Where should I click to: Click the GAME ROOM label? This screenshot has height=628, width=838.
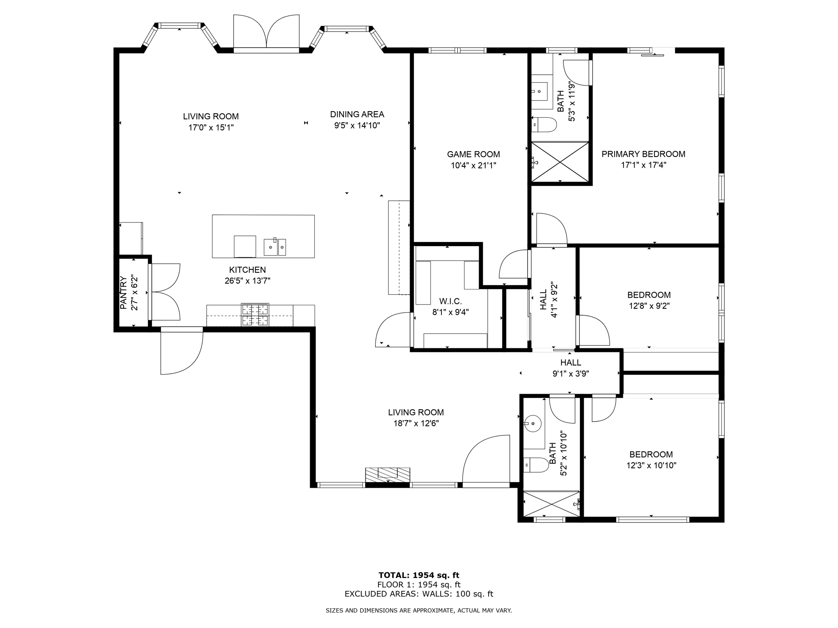pos(473,155)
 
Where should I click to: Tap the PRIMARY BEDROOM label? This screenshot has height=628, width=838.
pos(643,154)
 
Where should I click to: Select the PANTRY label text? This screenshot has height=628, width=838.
pos(123,293)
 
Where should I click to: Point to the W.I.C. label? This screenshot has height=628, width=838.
pos(451,301)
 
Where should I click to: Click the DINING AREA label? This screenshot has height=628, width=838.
pos(357,114)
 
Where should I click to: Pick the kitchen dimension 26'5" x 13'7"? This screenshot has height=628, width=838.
pos(248,281)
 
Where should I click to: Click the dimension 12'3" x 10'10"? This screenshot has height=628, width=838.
pos(651,465)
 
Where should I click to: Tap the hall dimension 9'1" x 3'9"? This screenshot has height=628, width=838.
pos(571,373)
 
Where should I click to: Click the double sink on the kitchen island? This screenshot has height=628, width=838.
pos(275,247)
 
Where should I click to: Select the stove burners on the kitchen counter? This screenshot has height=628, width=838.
pos(255,315)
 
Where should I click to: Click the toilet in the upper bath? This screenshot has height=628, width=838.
pos(544,125)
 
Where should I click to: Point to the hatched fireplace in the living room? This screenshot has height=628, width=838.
pos(387,475)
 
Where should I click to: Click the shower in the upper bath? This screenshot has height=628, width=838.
pos(560,161)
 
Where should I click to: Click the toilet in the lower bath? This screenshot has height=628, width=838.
pos(536,465)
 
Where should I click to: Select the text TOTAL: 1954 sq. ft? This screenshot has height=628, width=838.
pos(419,576)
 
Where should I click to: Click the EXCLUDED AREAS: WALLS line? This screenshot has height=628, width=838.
pos(419,594)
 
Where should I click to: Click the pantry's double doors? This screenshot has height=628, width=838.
pos(164,292)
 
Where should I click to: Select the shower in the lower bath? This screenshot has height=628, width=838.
pos(552,504)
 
